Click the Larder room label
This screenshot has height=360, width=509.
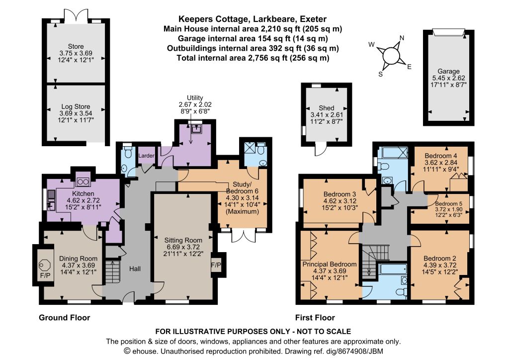pos(147,156)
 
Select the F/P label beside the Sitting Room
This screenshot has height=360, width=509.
pos(216,265)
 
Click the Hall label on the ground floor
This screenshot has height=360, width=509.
pos(135,269)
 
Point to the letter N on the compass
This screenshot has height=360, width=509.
pos(402,38)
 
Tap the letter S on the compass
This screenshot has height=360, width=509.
pos(380,74)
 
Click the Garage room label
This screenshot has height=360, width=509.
pos(449,71)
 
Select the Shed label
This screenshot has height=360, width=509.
pos(327,108)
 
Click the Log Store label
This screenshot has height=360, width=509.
pos(76,106)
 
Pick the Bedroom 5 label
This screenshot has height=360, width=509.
pos(449,203)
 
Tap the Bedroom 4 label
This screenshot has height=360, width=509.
pos(440,155)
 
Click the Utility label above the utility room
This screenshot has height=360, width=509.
pos(195,98)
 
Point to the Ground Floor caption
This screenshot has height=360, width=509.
pos(64,317)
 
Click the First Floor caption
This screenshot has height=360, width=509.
pos(315,317)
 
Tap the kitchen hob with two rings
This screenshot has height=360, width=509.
pos(83,182)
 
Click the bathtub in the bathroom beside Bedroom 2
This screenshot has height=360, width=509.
pos(393,268)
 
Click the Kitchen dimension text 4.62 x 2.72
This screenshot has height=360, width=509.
pos(83,200)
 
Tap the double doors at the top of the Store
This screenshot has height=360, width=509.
pos(76,15)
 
